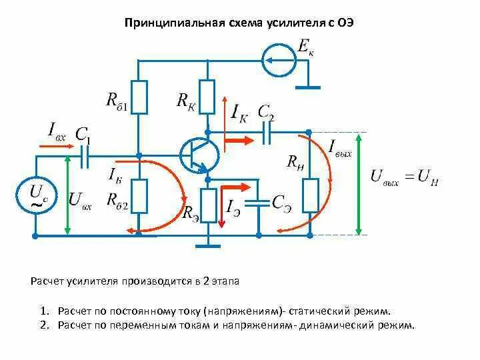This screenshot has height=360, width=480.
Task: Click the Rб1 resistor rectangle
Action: tap(139, 97)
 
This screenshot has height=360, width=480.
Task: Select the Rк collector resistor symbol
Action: tap(207, 97)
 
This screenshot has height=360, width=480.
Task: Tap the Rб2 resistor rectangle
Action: tap(139, 196)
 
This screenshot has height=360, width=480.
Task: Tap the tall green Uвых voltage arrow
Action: tap(359, 184)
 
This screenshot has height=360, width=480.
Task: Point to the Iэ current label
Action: tap(234, 207)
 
